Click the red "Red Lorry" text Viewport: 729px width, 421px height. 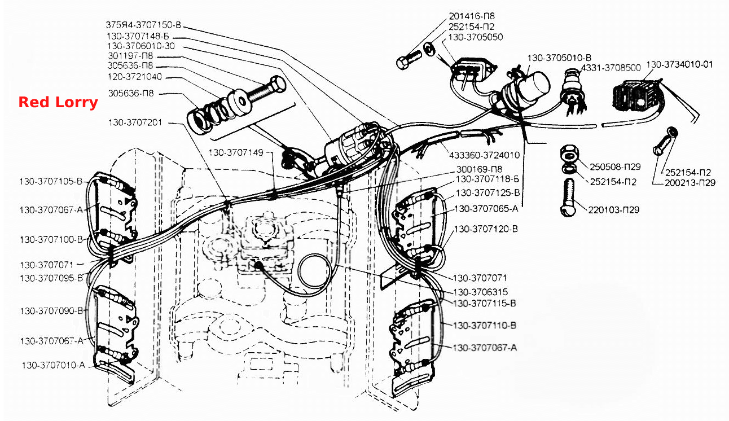(58, 102)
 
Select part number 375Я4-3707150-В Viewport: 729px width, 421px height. (143, 25)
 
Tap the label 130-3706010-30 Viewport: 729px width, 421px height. (141, 46)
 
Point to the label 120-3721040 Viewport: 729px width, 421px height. (135, 77)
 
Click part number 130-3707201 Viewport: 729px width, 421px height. (135, 123)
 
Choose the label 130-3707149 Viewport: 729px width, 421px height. (236, 153)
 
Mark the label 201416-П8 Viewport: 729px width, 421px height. (472, 16)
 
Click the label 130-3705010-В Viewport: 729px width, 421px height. (559, 58)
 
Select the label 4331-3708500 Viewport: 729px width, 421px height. (611, 68)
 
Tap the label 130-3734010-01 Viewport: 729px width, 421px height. (679, 64)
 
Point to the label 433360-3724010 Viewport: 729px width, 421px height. (484, 155)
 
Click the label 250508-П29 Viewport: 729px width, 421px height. (615, 166)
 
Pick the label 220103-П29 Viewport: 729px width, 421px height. (613, 210)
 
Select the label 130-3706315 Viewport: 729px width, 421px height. (480, 292)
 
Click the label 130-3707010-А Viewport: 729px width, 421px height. (54, 365)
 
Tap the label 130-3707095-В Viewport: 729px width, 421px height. (51, 278)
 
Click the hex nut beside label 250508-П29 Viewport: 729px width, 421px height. (569, 154)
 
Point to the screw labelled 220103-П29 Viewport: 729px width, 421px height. (569, 197)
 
